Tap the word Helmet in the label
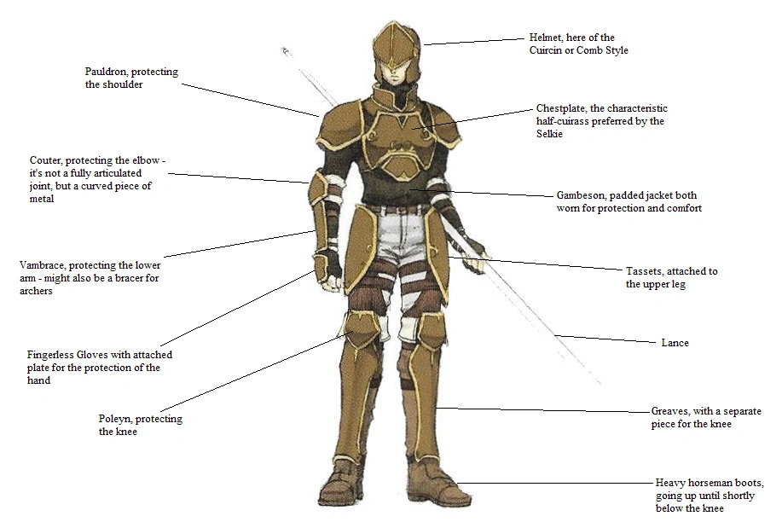tap(547, 38)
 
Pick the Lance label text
tap(675, 343)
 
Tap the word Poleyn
tap(116, 419)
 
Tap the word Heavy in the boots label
tap(670, 482)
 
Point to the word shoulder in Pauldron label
tap(123, 85)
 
